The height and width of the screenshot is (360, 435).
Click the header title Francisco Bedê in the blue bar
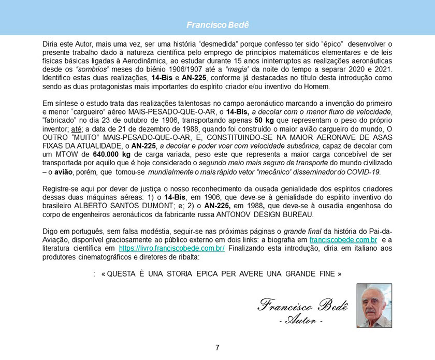click(x=218, y=24)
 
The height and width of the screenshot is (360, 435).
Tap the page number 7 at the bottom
click(x=218, y=348)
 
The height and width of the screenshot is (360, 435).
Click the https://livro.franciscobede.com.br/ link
click(x=171, y=249)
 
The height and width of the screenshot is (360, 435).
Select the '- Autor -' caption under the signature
click(x=301, y=320)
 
